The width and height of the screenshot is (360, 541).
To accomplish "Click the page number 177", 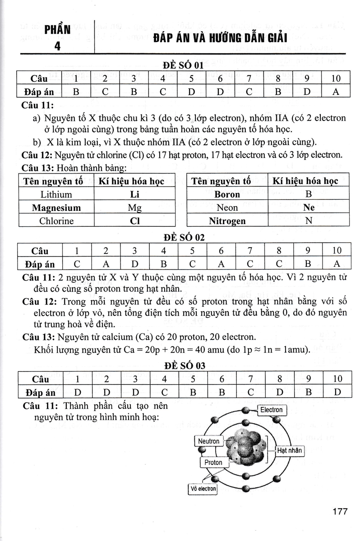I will tap(339, 512).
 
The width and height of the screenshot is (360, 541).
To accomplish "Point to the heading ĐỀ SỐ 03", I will tap(183, 366).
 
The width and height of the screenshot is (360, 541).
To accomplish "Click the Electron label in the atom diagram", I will tap(271, 410).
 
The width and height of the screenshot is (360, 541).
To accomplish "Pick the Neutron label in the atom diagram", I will tap(208, 441).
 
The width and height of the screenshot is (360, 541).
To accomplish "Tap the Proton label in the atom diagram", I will tap(213, 463).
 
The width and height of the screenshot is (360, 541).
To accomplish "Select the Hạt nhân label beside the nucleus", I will tap(290, 450).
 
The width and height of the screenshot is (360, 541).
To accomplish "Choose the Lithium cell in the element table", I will tap(56, 195).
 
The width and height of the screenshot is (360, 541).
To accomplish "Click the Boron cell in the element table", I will tap(227, 195).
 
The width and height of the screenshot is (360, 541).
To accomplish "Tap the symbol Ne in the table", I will tap(309, 208).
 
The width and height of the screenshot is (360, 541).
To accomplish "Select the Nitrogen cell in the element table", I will tap(227, 221).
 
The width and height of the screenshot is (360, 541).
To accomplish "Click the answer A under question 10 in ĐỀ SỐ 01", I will tap(336, 92).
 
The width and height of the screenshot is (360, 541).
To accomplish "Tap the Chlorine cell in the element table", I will tap(56, 221).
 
